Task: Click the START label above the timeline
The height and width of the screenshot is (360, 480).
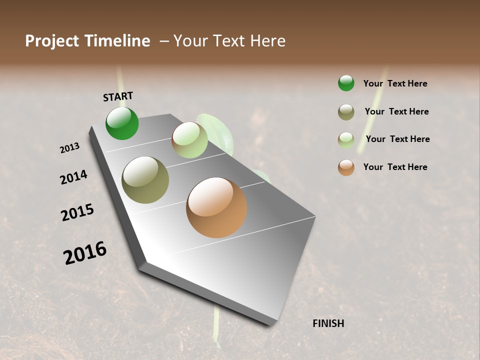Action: pyautogui.click(x=118, y=96)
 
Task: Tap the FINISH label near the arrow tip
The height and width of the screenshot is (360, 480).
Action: pyautogui.click(x=328, y=323)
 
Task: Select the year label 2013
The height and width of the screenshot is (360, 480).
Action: pyautogui.click(x=70, y=148)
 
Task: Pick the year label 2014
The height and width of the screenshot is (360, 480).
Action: pyautogui.click(x=73, y=177)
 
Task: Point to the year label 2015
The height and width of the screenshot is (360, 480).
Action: pyautogui.click(x=77, y=212)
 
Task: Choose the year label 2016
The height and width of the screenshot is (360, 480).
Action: pyautogui.click(x=85, y=253)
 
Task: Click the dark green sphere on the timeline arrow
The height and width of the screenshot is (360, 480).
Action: pyautogui.click(x=122, y=123)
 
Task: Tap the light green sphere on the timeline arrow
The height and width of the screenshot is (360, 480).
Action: pyautogui.click(x=189, y=140)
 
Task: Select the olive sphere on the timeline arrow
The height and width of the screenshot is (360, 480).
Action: pyautogui.click(x=145, y=180)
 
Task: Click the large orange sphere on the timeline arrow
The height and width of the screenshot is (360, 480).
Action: pyautogui.click(x=216, y=207)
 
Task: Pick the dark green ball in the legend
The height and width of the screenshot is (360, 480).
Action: pyautogui.click(x=346, y=83)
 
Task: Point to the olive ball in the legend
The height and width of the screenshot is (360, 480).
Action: pyautogui.click(x=346, y=112)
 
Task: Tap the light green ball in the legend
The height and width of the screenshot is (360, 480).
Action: pyautogui.click(x=346, y=140)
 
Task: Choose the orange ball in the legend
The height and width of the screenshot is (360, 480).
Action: pyautogui.click(x=346, y=167)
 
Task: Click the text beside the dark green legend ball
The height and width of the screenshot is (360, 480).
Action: pyautogui.click(x=395, y=83)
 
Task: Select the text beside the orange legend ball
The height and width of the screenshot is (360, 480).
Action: pyautogui.click(x=395, y=167)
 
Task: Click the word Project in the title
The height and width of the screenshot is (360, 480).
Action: pyautogui.click(x=52, y=41)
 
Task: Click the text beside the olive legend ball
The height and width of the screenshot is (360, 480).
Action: pyautogui.click(x=396, y=111)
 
